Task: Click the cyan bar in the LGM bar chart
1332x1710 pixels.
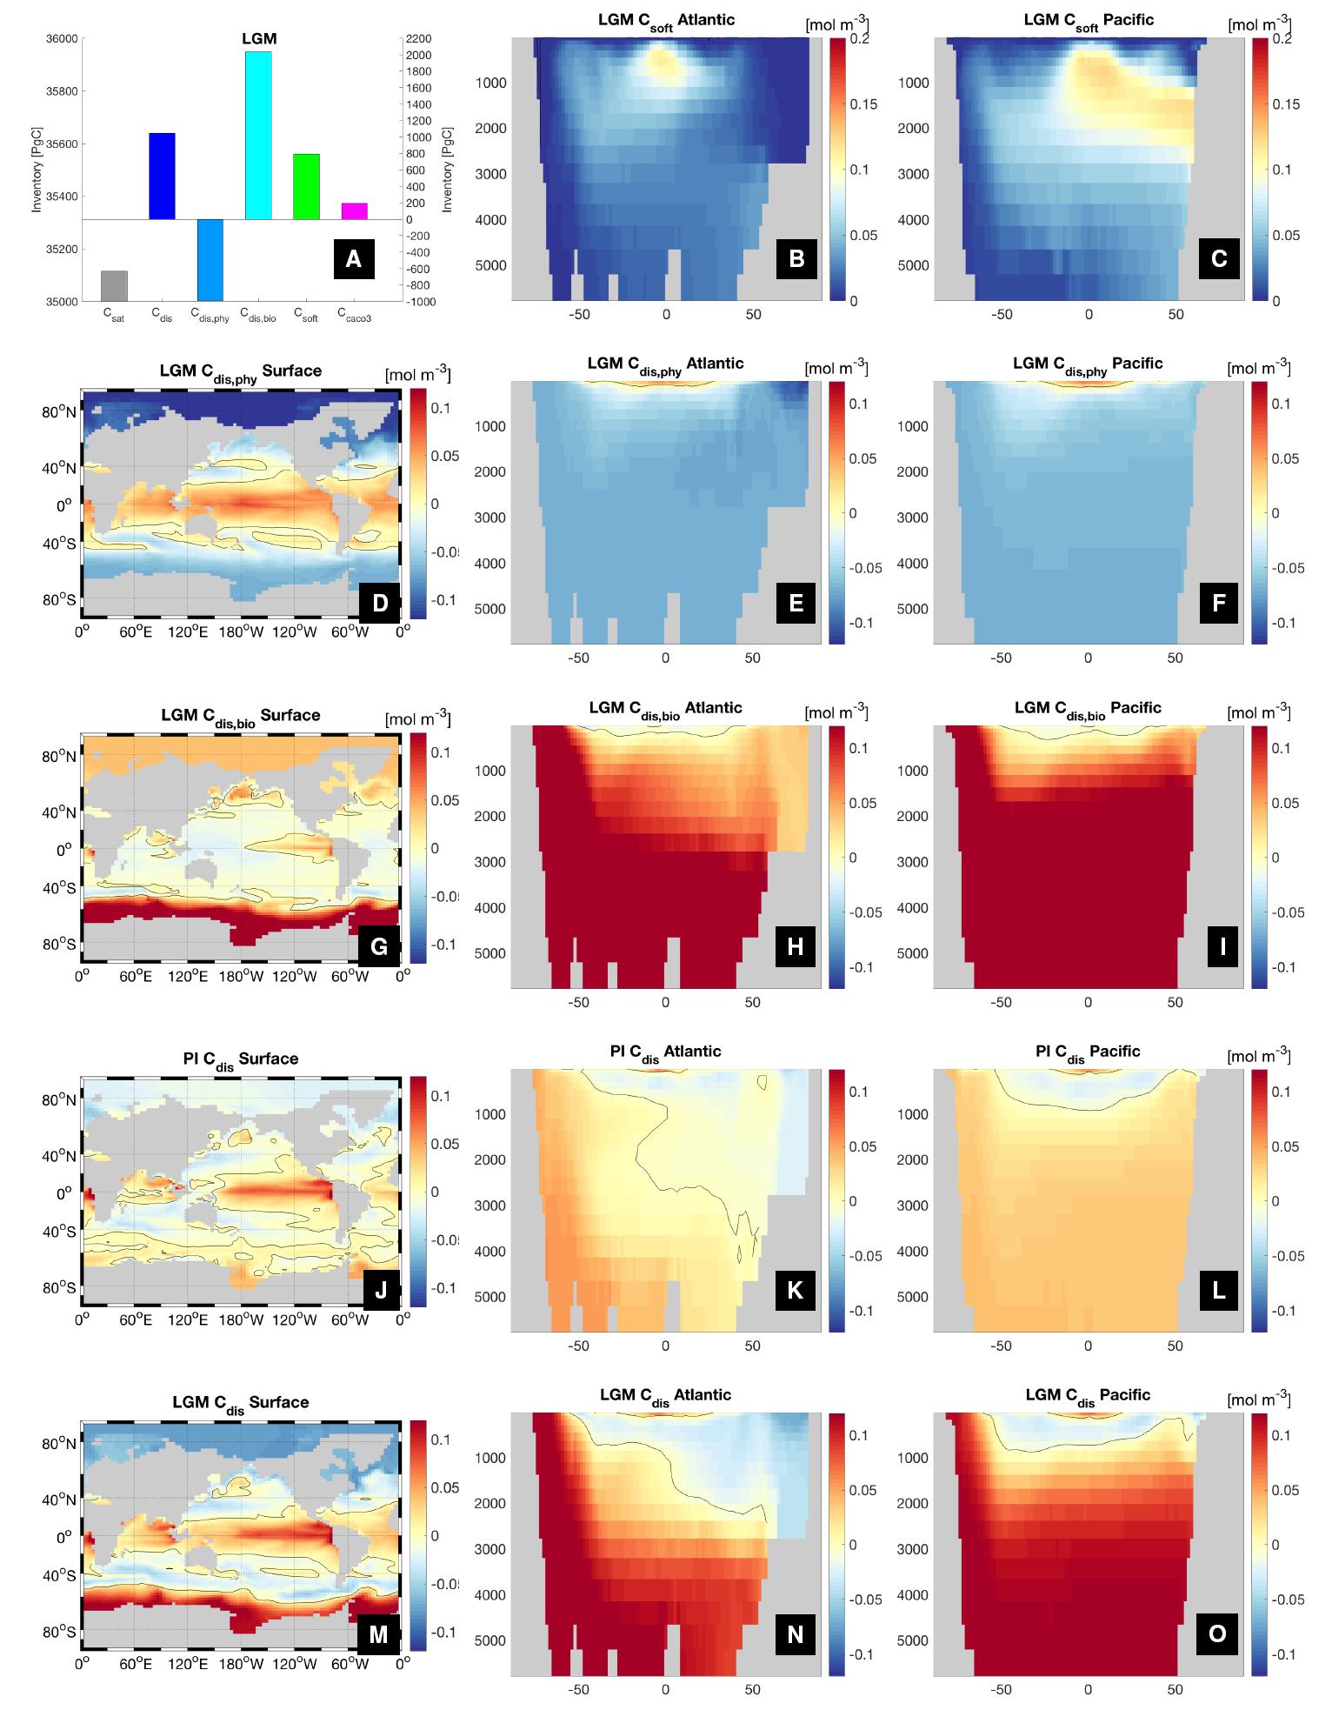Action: point(258,135)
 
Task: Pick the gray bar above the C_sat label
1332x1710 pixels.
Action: point(114,286)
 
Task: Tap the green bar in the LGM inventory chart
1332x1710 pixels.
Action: point(306,186)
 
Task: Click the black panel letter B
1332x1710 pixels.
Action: point(796,257)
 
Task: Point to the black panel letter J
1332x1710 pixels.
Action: point(380,1290)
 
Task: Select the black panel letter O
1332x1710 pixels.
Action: point(1217,1633)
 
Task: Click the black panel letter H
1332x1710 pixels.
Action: point(795,946)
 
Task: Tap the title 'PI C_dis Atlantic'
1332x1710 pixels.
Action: point(665,1052)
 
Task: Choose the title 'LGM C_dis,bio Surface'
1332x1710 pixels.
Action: point(241,717)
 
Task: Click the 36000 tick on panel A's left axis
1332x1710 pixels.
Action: point(59,38)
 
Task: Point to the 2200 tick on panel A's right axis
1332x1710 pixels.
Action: point(419,38)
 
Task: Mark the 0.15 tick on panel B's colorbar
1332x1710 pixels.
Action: point(863,104)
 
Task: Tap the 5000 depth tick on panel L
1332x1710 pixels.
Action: point(912,1297)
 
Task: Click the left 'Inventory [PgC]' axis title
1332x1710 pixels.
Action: point(37,170)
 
